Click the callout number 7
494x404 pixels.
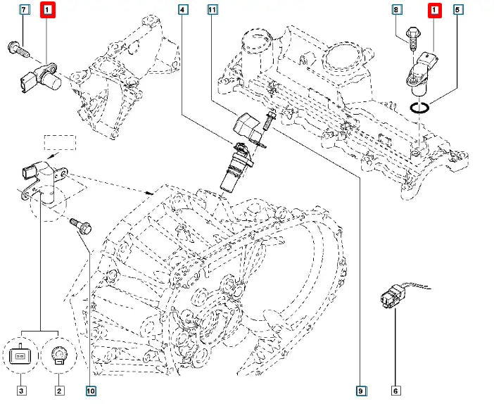[25, 10]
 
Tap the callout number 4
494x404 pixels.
[183, 10]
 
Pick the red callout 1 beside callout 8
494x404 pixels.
[435, 10]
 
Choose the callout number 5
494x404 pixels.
[458, 10]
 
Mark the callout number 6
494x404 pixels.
[395, 389]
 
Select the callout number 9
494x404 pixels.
[360, 389]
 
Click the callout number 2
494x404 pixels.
[58, 389]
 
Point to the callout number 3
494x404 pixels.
[21, 389]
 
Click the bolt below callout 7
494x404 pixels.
[18, 49]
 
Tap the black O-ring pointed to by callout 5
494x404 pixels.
[420, 108]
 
